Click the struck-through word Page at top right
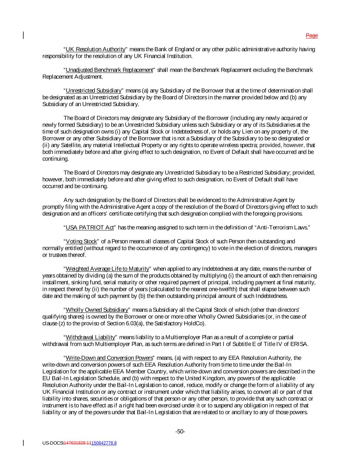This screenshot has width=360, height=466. [x=312, y=36]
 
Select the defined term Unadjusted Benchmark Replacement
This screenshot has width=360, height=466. [x=109, y=70]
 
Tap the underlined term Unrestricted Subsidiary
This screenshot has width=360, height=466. [x=93, y=91]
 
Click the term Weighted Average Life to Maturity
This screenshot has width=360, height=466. [x=107, y=269]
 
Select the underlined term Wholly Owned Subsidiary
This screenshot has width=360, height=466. [x=97, y=310]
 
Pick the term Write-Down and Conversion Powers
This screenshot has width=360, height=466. [x=109, y=358]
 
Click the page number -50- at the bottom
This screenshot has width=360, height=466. [x=180, y=432]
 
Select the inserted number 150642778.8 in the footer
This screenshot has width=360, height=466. [x=104, y=443]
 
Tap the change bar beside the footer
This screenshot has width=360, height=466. [x=24, y=443]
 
